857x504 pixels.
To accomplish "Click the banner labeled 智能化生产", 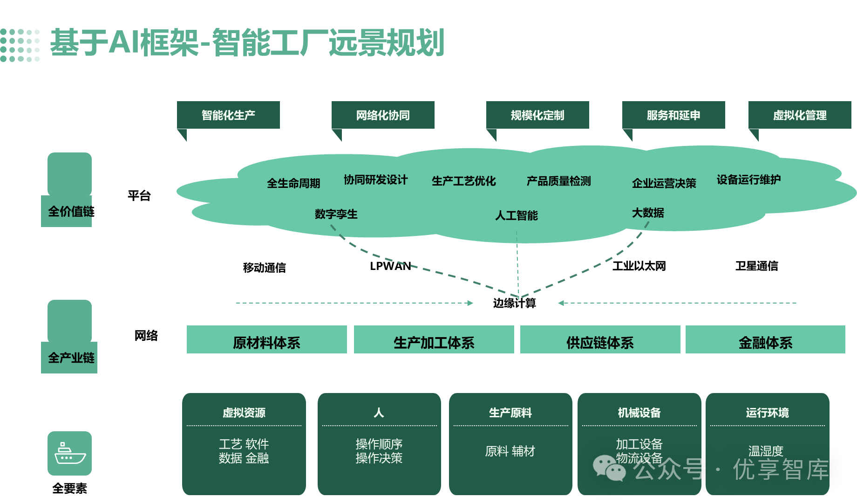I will coord(228,115).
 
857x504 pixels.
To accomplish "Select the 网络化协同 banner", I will coord(383,115).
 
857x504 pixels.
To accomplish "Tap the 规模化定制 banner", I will coord(537,115).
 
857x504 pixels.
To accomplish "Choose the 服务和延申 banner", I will coord(673,115).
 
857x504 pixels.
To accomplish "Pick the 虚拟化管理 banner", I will coord(800,115).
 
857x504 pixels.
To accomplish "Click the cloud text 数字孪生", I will coord(336,214).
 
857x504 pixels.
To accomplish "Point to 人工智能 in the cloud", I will coord(516,215).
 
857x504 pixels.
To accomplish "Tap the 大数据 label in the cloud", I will coord(648,213).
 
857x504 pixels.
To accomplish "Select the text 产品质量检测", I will coord(558,181).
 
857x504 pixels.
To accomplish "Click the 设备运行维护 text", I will coord(748,180).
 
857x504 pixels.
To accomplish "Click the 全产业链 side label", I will coord(71,358).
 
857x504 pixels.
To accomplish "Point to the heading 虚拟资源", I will coord(244,413).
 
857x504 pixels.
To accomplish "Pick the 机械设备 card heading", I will coord(639,413).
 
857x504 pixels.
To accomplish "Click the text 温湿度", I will coord(766,451).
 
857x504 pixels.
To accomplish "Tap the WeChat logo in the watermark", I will coord(609,468).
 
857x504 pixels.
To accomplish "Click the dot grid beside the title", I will coord(20,45).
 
